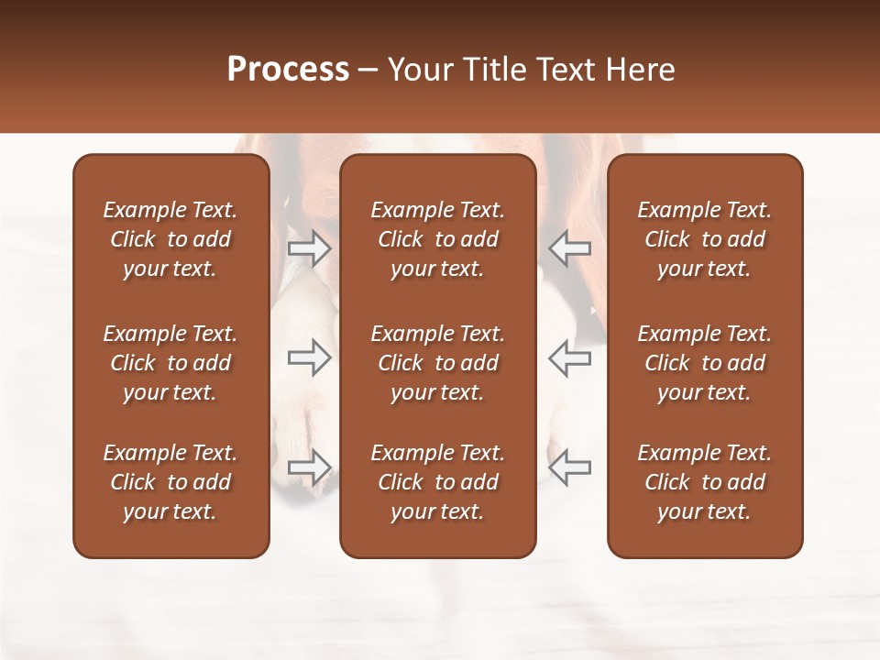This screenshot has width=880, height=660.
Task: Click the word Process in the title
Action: (288, 70)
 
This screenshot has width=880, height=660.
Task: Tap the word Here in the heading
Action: (638, 70)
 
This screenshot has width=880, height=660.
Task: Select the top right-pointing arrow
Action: (309, 247)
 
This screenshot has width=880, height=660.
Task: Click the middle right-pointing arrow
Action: (309, 357)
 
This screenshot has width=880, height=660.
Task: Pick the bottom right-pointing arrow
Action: (309, 467)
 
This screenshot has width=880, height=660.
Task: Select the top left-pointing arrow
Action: (570, 247)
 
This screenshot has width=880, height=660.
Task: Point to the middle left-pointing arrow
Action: (570, 357)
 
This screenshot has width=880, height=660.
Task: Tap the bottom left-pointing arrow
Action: (570, 467)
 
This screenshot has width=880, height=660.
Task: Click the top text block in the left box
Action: (170, 239)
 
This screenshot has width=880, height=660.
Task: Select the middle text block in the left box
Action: (170, 363)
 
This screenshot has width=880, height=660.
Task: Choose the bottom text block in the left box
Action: (170, 482)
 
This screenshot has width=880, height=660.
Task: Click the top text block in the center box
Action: (437, 239)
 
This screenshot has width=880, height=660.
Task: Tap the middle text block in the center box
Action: (437, 363)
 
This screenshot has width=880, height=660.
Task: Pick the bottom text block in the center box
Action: (437, 482)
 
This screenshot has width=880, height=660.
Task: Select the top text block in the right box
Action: (704, 239)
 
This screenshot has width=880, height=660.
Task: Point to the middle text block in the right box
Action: (704, 363)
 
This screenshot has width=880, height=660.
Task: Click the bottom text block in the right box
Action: (704, 482)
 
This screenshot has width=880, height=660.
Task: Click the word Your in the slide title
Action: (418, 70)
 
